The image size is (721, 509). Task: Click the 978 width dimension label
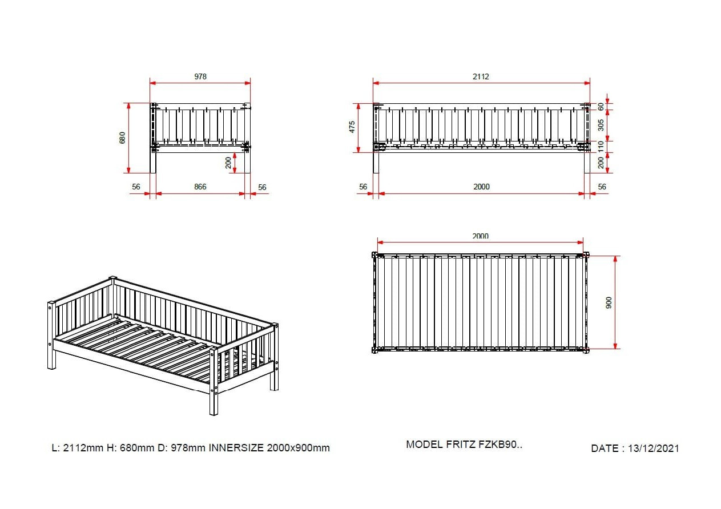[x=200, y=76]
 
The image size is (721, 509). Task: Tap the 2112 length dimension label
[x=481, y=76]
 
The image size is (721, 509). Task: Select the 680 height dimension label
[x=122, y=138]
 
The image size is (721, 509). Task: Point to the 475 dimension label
[x=352, y=127]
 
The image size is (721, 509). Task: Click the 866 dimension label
[x=200, y=187]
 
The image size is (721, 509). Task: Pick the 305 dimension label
[x=601, y=125]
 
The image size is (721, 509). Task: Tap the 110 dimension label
[x=601, y=147]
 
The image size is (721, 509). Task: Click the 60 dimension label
[x=601, y=107]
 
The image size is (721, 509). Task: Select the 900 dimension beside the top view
[x=609, y=303]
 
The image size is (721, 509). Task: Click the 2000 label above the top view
[x=481, y=236]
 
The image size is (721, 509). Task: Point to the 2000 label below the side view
[x=482, y=187]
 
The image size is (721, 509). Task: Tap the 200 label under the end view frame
[x=228, y=163]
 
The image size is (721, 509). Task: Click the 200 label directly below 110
[x=601, y=163]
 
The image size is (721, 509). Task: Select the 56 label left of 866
[x=136, y=187]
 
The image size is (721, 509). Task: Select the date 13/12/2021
[x=654, y=448]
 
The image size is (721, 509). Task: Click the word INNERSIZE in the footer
[x=236, y=447]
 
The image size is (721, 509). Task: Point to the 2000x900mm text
[x=299, y=447]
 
